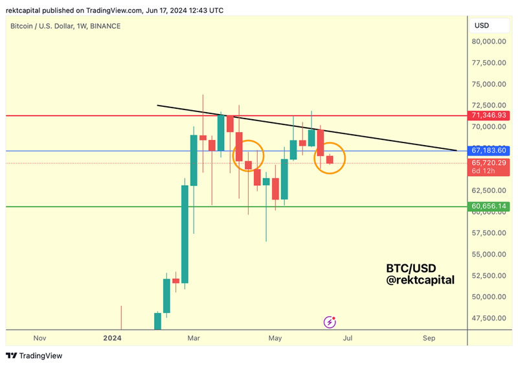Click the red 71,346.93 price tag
pyautogui.click(x=489, y=115)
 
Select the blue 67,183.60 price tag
pyautogui.click(x=489, y=150)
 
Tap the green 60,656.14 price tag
pyautogui.click(x=489, y=207)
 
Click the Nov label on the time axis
pyautogui.click(x=39, y=338)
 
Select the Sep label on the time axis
pyautogui.click(x=429, y=338)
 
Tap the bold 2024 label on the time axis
pyautogui.click(x=113, y=338)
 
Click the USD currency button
pyautogui.click(x=482, y=26)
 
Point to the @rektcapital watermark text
pyautogui.click(x=420, y=280)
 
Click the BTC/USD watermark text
pyautogui.click(x=411, y=268)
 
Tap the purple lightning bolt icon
pyautogui.click(x=331, y=321)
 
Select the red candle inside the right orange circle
pyautogui.click(x=330, y=159)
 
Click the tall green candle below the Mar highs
pyautogui.click(x=185, y=233)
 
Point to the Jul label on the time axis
pyautogui.click(x=348, y=338)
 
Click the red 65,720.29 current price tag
pyautogui.click(x=489, y=163)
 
